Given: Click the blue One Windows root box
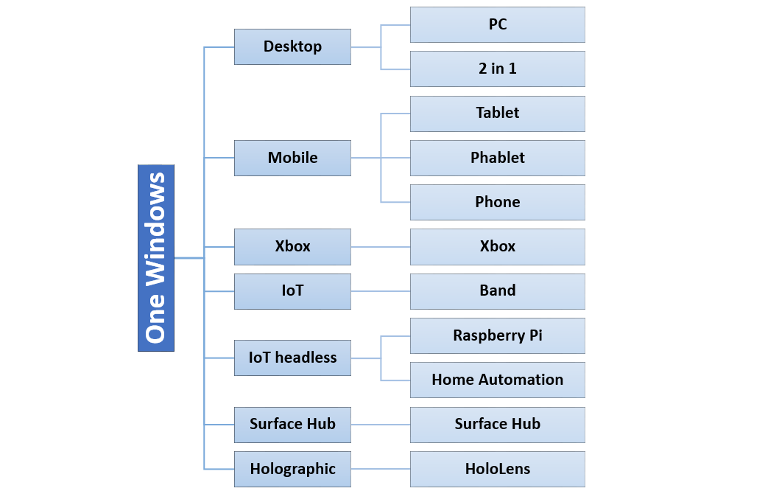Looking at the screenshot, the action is (x=156, y=258).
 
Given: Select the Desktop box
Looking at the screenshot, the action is (x=292, y=46).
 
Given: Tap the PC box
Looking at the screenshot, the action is (x=497, y=25).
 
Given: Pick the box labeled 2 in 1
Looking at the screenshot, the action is (x=497, y=69).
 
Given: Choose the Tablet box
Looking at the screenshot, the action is (x=497, y=114).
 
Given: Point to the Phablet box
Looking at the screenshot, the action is (x=497, y=159).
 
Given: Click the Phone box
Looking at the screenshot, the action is (x=497, y=203).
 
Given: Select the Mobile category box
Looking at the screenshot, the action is (x=292, y=159).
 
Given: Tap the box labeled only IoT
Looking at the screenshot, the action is (x=292, y=291).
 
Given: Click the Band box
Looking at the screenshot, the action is (x=497, y=291).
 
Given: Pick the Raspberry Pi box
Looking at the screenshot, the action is (x=497, y=335).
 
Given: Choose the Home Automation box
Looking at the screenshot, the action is (x=497, y=380).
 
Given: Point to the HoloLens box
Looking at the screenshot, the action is (x=497, y=469).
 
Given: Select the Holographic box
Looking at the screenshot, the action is (x=292, y=469).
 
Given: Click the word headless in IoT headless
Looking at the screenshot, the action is (x=306, y=357).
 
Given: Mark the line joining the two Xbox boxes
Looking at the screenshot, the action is (x=381, y=247).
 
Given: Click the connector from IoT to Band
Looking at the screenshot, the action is (x=381, y=291).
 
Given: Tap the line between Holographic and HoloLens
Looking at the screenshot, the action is (x=381, y=469).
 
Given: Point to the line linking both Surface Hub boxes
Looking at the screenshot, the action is (x=381, y=425).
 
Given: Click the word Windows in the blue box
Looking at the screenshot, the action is (x=155, y=229).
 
